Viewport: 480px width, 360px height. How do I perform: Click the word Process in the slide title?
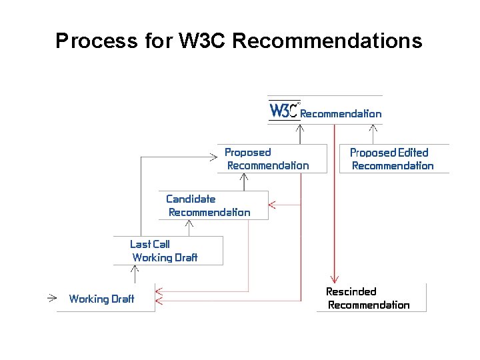[x=96, y=41]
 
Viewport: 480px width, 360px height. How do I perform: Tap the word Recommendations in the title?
[x=327, y=41]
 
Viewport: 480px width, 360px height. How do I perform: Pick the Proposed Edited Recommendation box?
[x=394, y=159]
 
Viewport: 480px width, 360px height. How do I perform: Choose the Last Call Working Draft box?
[x=167, y=251]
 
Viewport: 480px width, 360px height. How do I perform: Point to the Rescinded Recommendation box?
[x=371, y=298]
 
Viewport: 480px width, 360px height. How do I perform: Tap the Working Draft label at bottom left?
[x=101, y=299]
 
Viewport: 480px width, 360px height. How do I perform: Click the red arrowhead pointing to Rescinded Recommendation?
[x=334, y=277]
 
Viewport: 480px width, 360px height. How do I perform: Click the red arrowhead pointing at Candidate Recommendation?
[x=274, y=206]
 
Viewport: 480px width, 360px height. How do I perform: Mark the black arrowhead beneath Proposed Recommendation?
[x=244, y=178]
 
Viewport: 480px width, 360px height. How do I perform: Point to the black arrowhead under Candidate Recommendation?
[x=190, y=224]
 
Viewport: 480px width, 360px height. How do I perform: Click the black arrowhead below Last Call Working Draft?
[x=136, y=270]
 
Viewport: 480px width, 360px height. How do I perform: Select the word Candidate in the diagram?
[x=191, y=199]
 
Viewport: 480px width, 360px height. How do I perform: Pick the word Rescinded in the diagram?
[x=351, y=291]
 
